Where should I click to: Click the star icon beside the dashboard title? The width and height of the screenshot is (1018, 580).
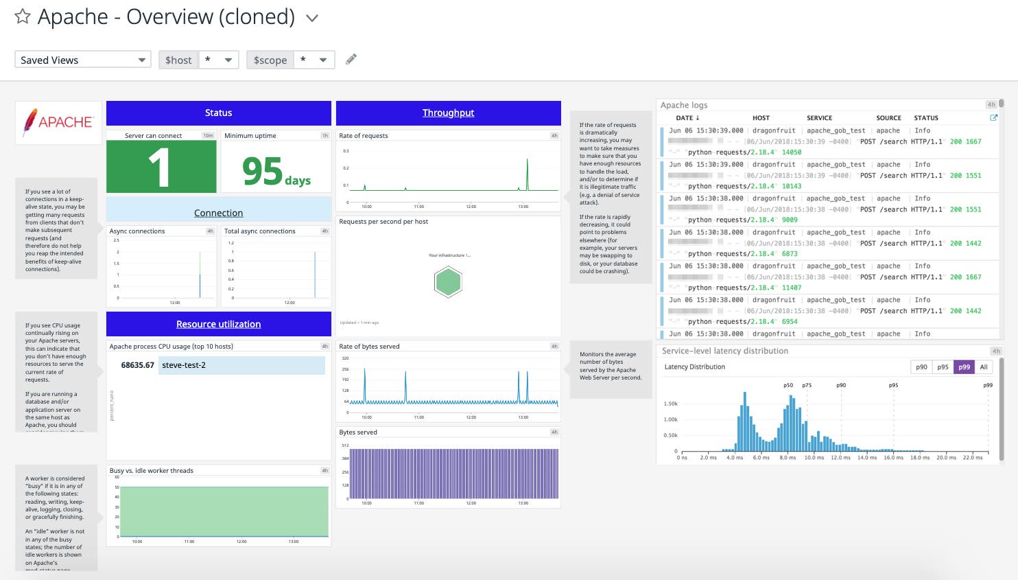[x=23, y=17]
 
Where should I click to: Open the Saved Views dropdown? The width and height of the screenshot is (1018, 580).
[x=82, y=60]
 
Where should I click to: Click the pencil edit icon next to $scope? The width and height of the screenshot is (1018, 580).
[x=351, y=60]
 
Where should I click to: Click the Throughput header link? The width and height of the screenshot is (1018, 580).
[x=448, y=113]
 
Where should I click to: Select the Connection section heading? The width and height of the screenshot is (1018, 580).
[x=218, y=213]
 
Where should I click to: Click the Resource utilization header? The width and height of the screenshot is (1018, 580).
[x=218, y=324]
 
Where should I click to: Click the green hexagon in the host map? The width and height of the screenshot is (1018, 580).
[x=448, y=282]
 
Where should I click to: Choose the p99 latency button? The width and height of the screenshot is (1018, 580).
[x=964, y=367]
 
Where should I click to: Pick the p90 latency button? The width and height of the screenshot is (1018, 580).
[x=921, y=367]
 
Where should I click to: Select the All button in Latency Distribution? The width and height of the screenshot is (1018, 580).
[x=984, y=367]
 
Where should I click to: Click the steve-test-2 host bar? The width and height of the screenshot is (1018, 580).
[x=241, y=365]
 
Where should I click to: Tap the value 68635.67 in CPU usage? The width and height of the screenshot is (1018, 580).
[x=137, y=365]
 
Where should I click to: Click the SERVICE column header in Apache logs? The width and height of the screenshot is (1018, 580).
[x=819, y=118]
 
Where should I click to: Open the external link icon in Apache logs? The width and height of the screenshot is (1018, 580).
[x=993, y=118]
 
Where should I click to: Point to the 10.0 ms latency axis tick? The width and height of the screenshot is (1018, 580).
[x=814, y=457]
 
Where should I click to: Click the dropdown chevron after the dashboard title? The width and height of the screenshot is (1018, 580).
[x=312, y=19]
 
